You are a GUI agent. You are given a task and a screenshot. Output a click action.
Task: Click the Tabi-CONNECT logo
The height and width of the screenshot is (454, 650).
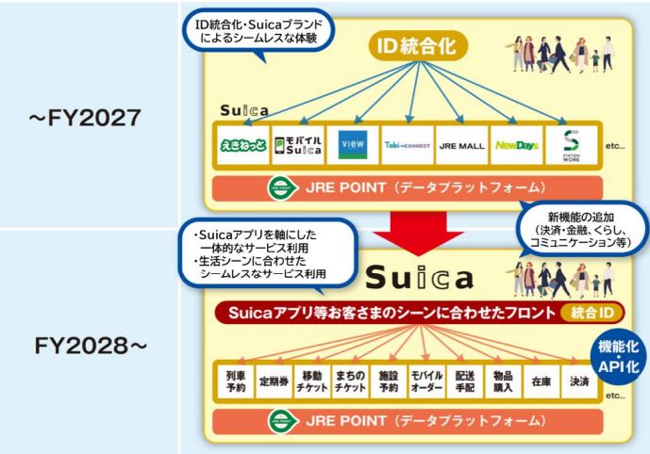pos(406,145)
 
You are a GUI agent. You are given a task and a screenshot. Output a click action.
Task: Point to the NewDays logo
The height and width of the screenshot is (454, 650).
pos(516,145)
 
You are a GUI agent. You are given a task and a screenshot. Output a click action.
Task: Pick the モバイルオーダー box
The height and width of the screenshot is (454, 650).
pos(397,381)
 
